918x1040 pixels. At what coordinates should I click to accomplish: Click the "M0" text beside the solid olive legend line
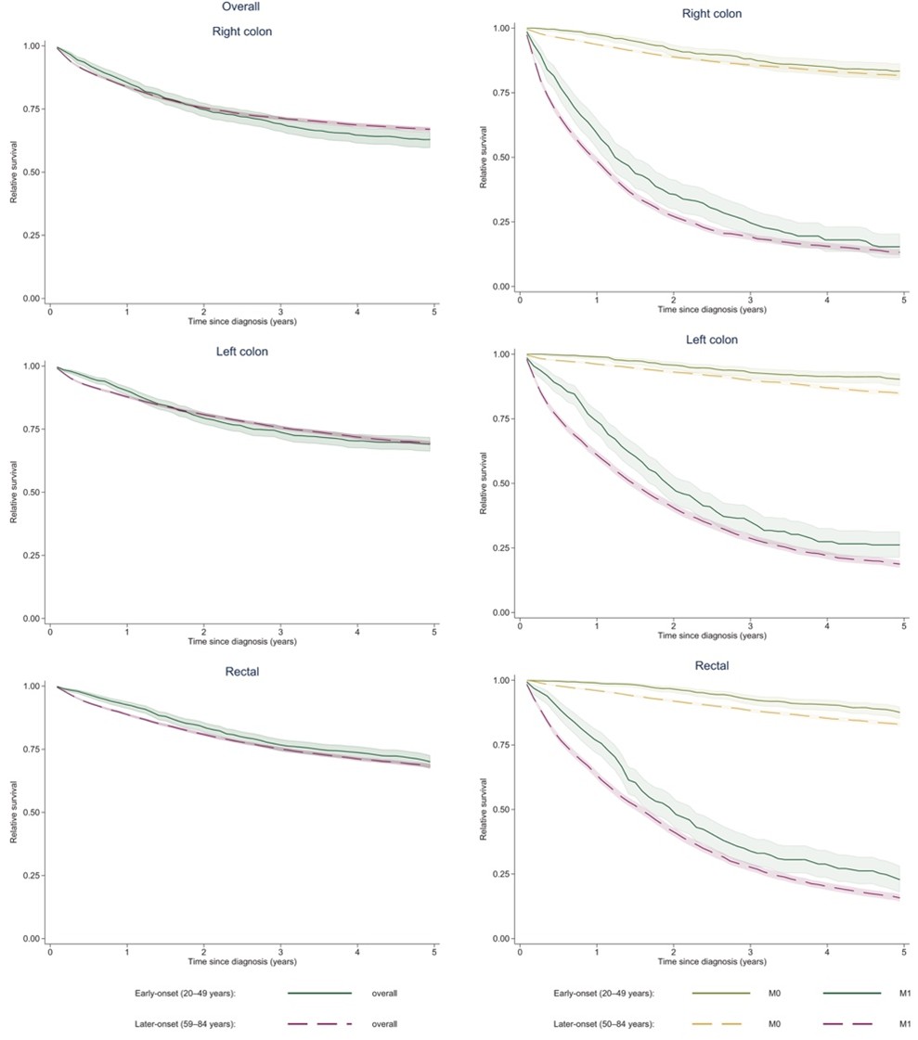point(773,993)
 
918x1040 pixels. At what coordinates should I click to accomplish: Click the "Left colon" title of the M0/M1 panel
point(712,340)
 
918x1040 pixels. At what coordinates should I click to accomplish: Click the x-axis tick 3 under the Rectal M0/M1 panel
point(750,953)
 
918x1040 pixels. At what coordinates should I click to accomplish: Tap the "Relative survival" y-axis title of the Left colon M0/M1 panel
point(484,483)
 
